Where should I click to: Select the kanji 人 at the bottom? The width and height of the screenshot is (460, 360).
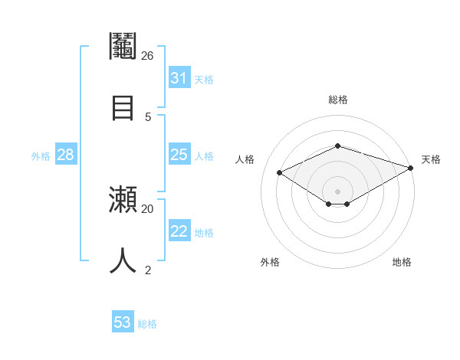(x=123, y=260)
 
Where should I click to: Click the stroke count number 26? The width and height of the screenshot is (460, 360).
(x=147, y=56)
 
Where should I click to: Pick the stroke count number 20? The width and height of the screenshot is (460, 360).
(x=147, y=208)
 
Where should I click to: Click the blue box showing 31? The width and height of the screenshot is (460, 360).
(x=179, y=78)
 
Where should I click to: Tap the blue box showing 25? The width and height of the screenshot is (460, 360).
(x=179, y=155)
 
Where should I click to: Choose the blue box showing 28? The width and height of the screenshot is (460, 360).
(x=65, y=155)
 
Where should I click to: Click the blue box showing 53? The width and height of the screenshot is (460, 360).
(x=123, y=322)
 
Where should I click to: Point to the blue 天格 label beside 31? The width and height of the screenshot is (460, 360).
(x=204, y=79)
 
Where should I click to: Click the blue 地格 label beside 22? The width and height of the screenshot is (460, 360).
(x=204, y=232)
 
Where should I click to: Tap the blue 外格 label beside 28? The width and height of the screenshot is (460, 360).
(x=41, y=155)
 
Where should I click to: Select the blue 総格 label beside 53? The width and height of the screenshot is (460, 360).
(x=147, y=324)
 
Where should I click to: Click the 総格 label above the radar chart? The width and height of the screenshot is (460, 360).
(x=337, y=100)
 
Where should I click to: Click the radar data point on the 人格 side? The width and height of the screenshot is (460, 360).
(x=280, y=173)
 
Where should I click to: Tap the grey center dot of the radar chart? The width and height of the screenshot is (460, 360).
(x=337, y=191)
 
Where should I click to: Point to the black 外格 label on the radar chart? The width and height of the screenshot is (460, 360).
(x=270, y=262)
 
